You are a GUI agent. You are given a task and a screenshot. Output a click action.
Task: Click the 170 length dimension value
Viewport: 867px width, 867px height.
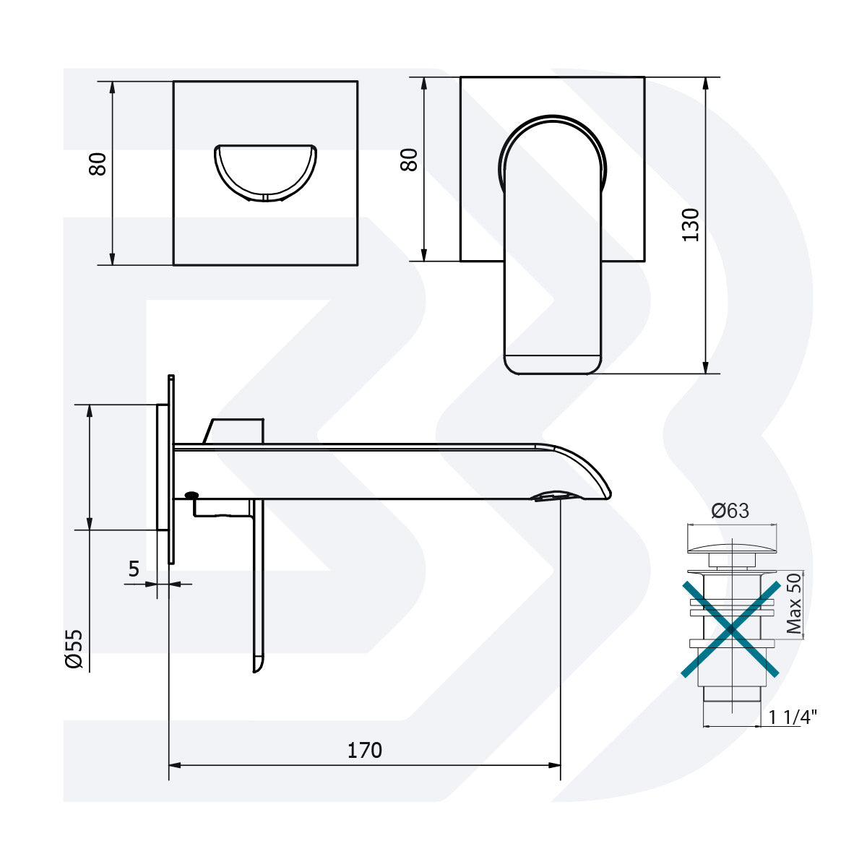click(x=365, y=750)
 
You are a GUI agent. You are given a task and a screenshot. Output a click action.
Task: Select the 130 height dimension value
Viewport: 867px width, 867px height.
click(x=691, y=224)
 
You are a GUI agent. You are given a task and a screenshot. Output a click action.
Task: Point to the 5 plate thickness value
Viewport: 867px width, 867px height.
click(x=134, y=569)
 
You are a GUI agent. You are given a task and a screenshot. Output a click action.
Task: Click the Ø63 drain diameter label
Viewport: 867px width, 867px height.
click(x=730, y=511)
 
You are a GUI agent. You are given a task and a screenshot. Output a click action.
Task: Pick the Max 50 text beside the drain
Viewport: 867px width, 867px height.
click(x=794, y=604)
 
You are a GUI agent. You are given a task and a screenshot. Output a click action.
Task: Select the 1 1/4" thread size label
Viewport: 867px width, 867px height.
click(x=792, y=717)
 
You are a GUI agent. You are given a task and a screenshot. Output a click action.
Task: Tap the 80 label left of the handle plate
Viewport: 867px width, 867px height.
click(x=410, y=160)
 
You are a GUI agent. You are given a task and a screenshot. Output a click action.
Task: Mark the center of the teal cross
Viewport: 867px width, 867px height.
click(x=731, y=629)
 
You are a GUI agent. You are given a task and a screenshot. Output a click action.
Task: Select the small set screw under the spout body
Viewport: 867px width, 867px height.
click(x=192, y=496)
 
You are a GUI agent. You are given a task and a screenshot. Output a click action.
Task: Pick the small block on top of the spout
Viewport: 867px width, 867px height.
click(x=236, y=431)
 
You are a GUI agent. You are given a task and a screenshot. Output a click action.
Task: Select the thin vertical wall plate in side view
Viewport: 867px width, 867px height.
click(x=171, y=470)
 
